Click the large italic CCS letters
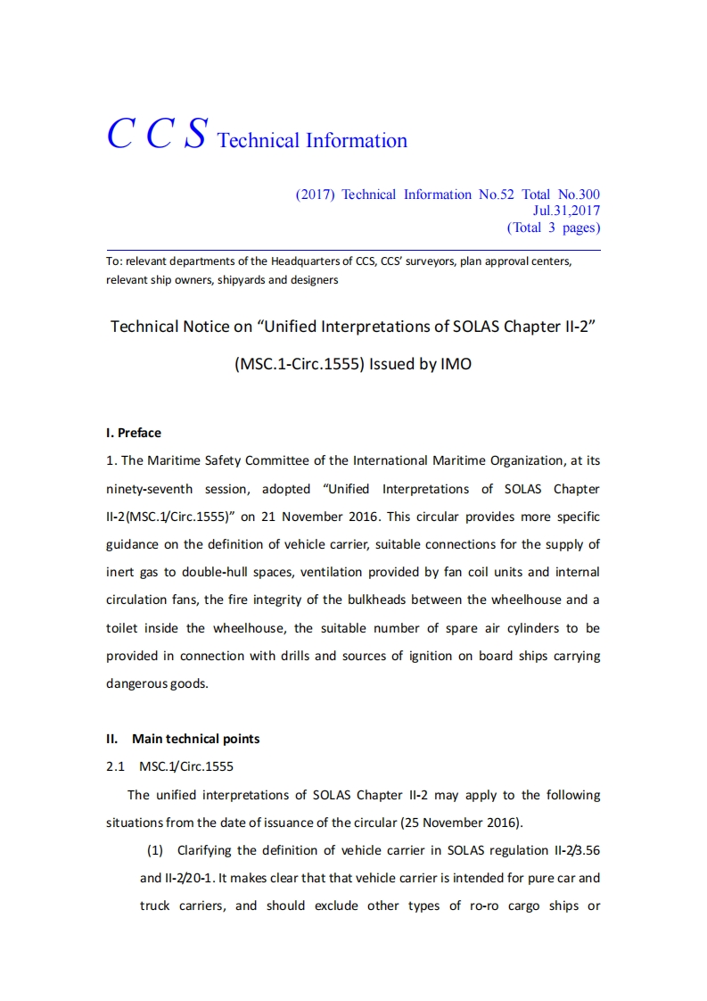[x=158, y=134]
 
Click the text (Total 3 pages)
[x=553, y=227]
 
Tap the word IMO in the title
[x=456, y=364]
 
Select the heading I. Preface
[x=134, y=433]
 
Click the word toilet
[x=125, y=628]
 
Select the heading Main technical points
[x=195, y=739]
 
